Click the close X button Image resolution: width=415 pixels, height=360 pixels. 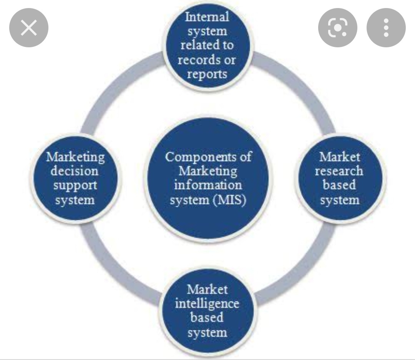point(29,28)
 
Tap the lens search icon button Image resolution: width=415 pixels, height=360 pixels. point(338,28)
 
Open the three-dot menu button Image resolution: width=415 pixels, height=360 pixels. point(386,28)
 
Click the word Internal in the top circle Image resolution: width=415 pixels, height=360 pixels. point(207,17)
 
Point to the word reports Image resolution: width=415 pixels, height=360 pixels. point(207,74)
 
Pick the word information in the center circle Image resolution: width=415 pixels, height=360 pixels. point(208,185)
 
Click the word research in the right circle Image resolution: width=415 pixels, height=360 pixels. point(339,171)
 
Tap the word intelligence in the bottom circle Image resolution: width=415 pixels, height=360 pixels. point(207,303)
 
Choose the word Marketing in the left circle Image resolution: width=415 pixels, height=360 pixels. point(75,157)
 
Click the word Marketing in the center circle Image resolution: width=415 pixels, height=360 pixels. point(208,171)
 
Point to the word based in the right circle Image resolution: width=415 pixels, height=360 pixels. point(339,185)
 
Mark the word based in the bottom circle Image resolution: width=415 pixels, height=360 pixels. point(207,318)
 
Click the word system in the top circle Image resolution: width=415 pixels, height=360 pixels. point(207,31)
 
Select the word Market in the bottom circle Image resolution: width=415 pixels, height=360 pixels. point(207,289)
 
